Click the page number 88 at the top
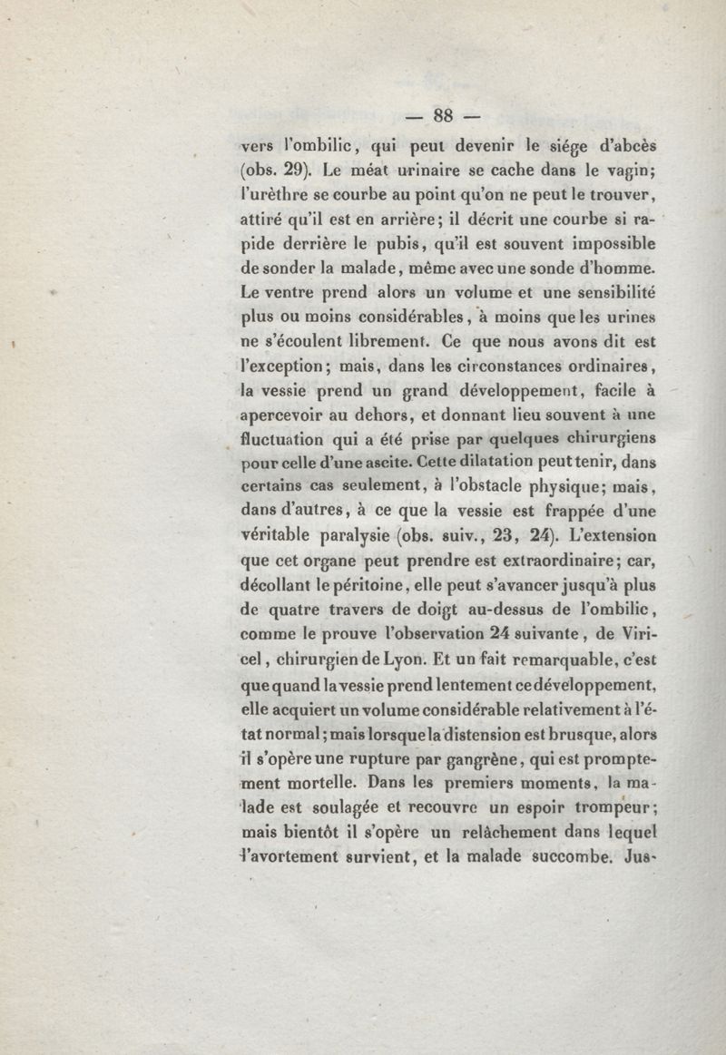pos(443,114)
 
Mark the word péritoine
pos(354,585)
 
